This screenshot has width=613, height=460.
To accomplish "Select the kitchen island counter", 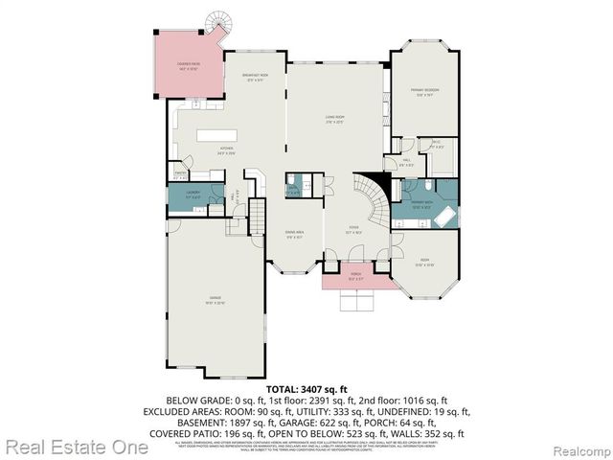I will point(217,135).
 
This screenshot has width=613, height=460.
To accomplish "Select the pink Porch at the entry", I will point(355,279).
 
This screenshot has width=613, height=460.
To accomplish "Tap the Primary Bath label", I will point(422,204).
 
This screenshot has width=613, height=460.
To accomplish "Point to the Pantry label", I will point(179,175).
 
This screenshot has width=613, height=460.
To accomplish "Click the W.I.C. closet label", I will point(437,146).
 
